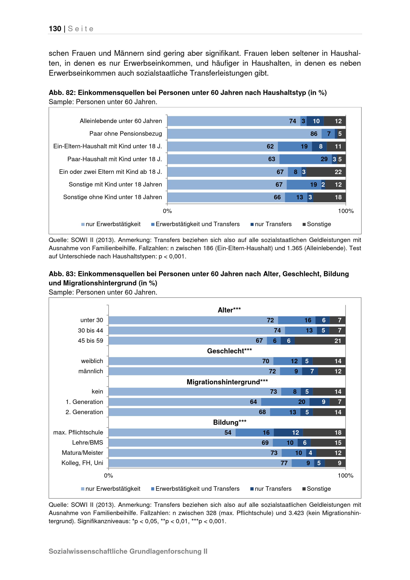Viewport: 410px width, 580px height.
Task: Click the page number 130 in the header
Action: tap(55, 29)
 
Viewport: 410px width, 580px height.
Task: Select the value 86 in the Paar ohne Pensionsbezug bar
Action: tap(314, 134)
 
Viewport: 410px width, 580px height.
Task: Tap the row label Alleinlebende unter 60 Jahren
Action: tap(121, 121)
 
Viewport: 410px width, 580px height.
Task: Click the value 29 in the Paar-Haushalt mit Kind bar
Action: tap(324, 159)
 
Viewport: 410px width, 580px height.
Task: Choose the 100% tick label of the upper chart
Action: tap(346, 211)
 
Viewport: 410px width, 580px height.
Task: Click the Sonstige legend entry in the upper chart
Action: tap(317, 224)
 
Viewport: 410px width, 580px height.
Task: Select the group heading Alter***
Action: tap(229, 310)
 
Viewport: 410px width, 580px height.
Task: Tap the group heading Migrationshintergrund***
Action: tap(227, 382)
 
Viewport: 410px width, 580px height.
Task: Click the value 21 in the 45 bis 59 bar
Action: tap(338, 341)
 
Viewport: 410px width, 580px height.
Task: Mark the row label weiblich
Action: tap(92, 361)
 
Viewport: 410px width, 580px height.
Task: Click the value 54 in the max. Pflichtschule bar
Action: tap(228, 433)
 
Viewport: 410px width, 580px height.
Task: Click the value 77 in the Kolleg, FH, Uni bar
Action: tap(284, 463)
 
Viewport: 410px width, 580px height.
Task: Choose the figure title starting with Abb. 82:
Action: tap(188, 93)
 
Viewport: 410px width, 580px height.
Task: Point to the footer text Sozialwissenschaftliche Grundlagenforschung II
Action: tap(128, 551)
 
